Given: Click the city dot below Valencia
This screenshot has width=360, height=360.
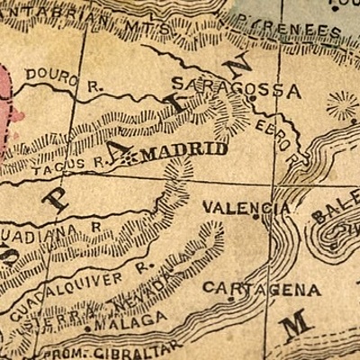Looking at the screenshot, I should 259,218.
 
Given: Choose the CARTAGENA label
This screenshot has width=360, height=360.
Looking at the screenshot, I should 260,289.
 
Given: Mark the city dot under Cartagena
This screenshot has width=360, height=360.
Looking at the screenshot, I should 231,299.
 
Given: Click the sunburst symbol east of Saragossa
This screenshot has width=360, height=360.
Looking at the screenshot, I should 342,107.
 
